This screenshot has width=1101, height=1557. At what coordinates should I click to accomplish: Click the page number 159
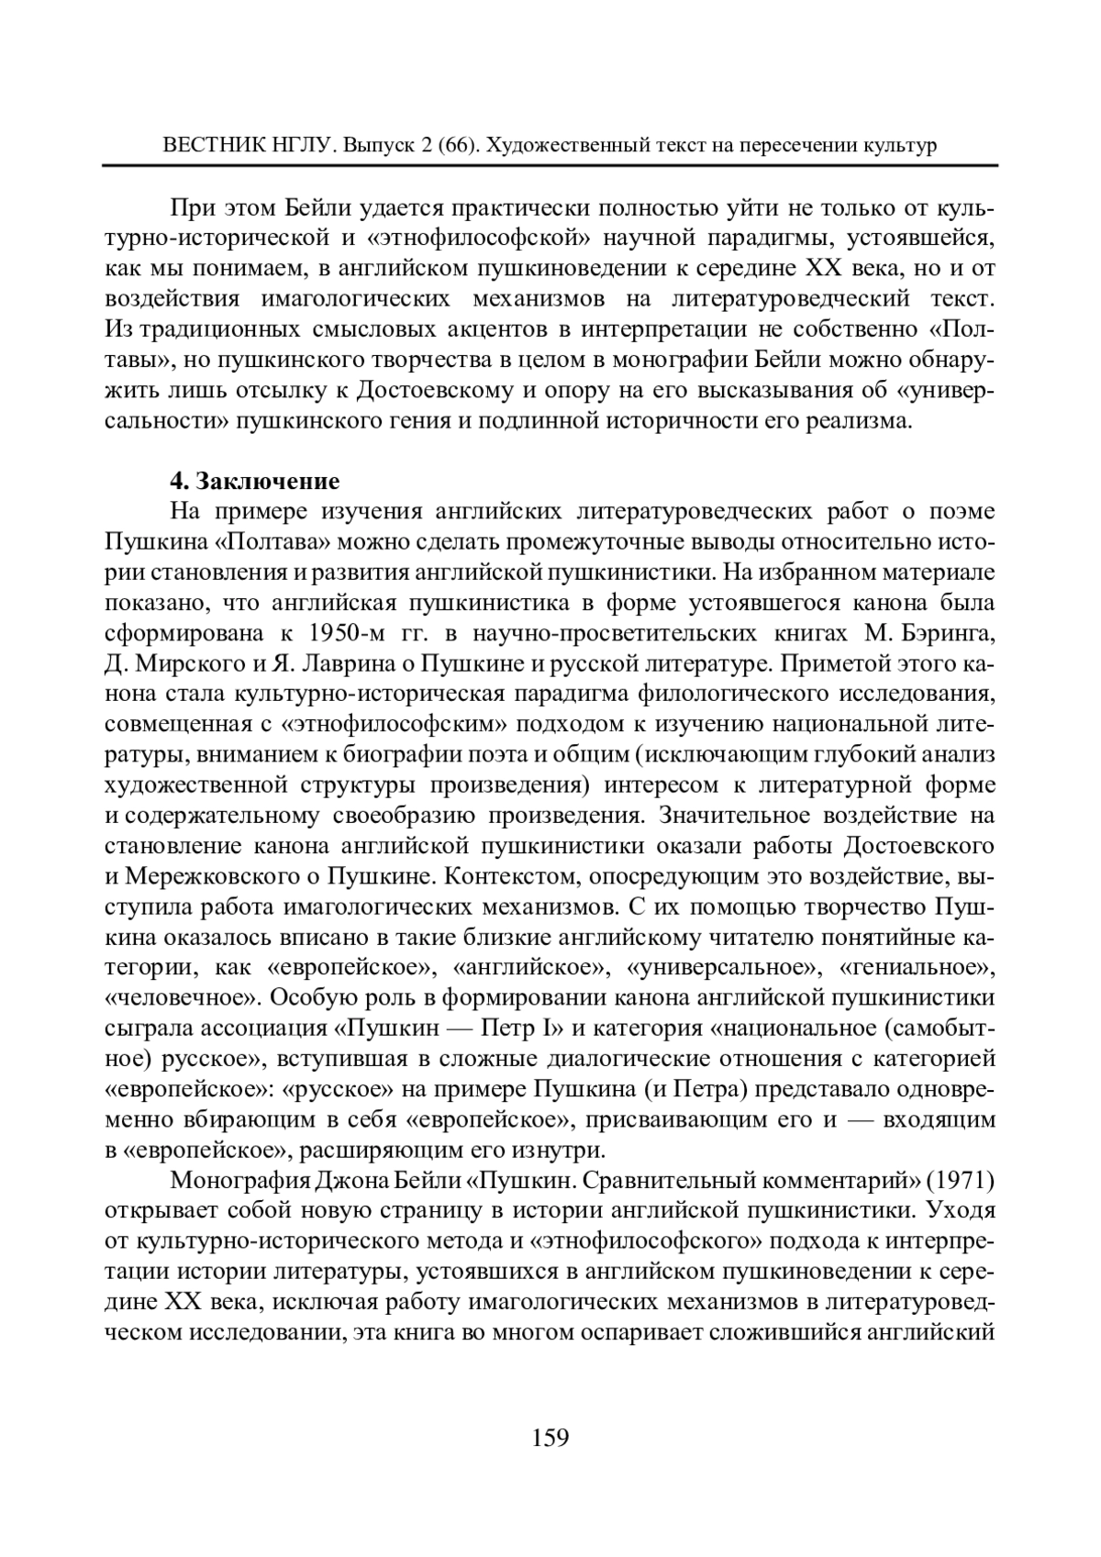click(x=550, y=1436)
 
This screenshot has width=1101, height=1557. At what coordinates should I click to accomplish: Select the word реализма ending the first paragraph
click(x=868, y=421)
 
